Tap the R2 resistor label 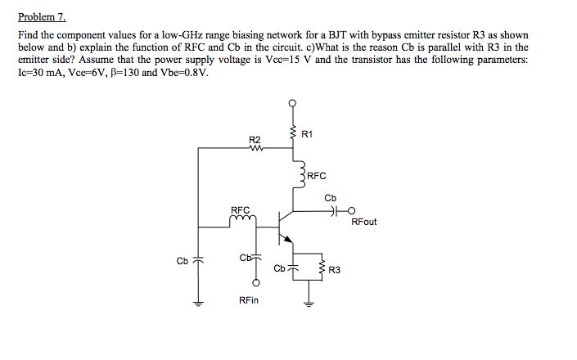point(254,140)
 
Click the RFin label point(249,301)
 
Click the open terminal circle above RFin point(256,283)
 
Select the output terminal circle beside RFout point(350,210)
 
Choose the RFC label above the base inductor point(240,209)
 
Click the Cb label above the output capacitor point(330,198)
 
